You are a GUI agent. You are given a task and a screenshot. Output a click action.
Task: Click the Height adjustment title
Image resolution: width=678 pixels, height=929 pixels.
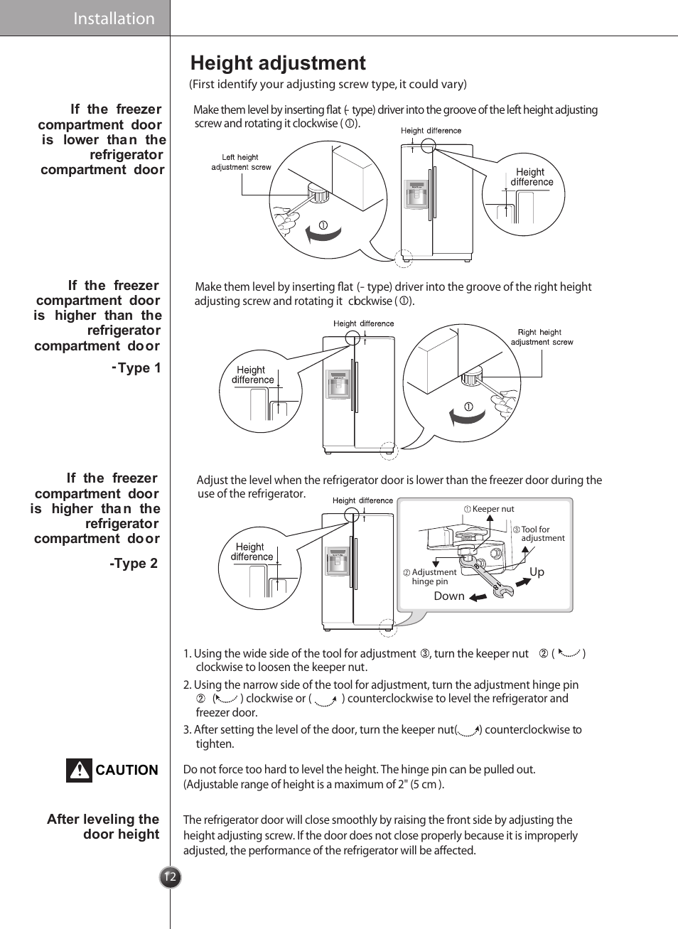coord(278,63)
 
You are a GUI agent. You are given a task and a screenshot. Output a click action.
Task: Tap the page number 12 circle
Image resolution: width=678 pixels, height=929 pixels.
coord(170,877)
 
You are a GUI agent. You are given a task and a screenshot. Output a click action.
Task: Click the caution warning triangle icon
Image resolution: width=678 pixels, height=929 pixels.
coord(80,770)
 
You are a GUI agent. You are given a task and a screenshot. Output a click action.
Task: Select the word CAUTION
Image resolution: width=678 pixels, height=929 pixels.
coord(127,770)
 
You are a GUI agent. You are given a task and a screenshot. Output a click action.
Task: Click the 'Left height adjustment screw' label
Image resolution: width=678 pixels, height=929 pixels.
coord(241,162)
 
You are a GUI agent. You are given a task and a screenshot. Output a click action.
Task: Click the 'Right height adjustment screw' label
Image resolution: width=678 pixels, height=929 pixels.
coord(542,337)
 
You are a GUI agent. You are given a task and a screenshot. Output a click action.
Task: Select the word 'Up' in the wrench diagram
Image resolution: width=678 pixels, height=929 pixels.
coord(537,572)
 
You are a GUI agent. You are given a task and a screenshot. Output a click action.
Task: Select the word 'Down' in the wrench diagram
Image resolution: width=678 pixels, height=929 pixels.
coord(449,596)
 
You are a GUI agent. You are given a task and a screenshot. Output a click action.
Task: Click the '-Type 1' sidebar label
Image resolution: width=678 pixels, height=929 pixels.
coord(137,368)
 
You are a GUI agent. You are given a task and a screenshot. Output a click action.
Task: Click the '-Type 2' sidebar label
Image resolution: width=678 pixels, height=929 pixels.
coord(134,564)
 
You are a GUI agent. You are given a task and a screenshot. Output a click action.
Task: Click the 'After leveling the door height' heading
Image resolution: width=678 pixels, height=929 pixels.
coord(103,827)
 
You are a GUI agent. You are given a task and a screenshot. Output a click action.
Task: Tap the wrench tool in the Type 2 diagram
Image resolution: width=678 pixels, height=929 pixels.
coord(487,576)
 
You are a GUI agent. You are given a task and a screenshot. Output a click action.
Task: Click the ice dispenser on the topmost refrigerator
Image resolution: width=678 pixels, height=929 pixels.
coord(416,193)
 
